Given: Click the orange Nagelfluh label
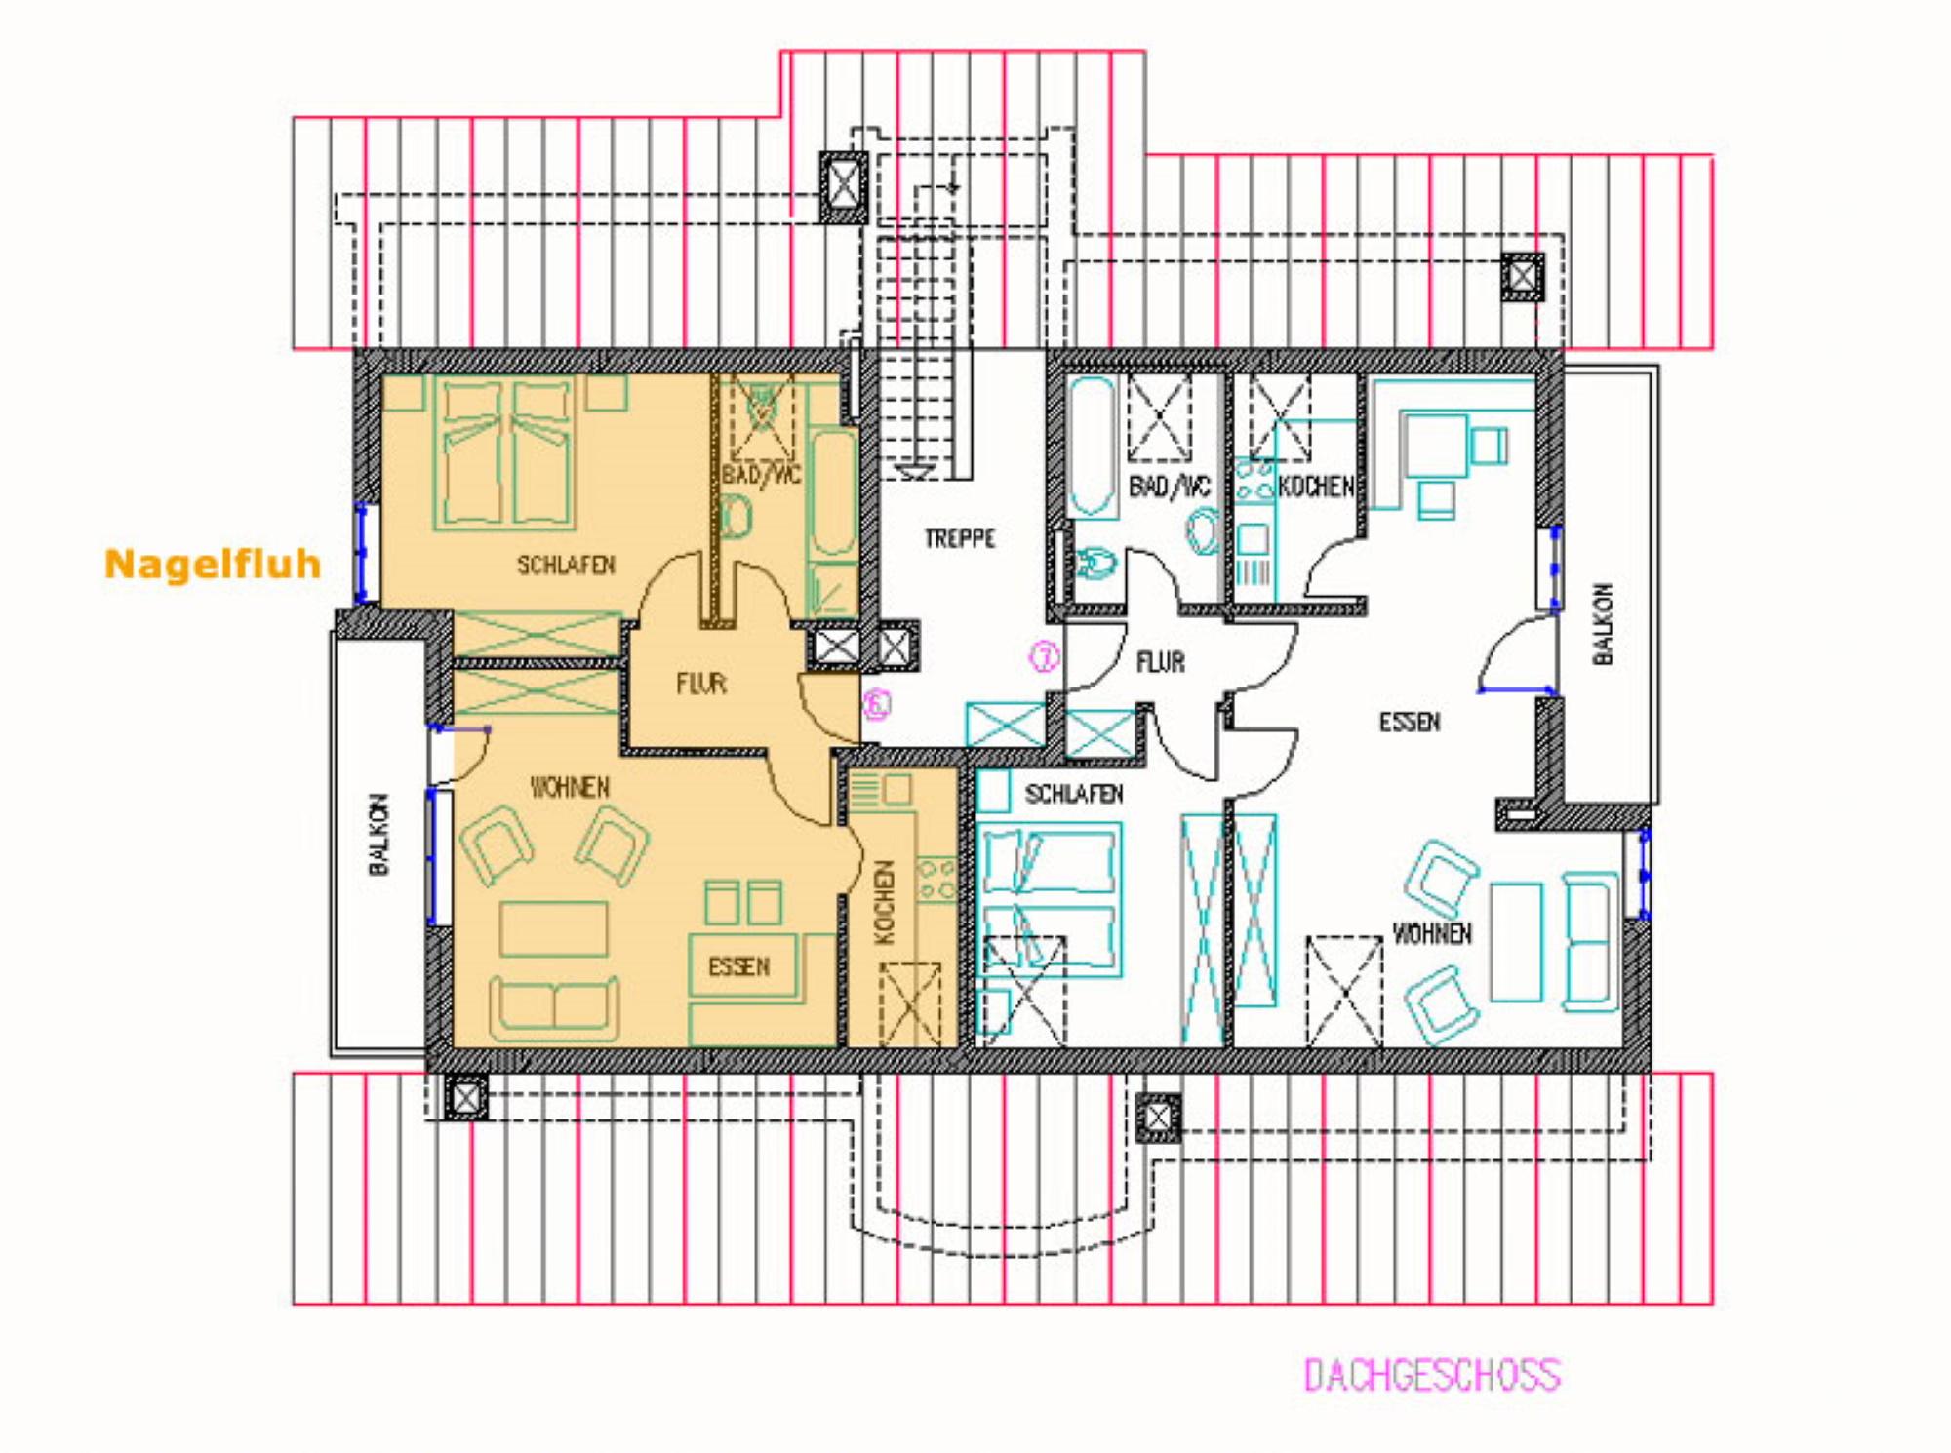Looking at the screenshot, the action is click(x=213, y=564).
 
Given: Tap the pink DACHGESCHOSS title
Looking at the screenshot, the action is click(x=1432, y=1375).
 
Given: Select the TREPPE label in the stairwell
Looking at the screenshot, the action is click(x=960, y=538).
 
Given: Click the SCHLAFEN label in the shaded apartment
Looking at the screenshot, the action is click(x=566, y=565).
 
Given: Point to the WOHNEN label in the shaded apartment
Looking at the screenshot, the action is click(x=570, y=787).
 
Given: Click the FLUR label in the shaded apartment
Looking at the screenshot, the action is click(x=701, y=683).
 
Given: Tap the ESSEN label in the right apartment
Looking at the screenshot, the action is click(x=1410, y=722).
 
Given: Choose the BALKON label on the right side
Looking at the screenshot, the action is click(x=1603, y=624).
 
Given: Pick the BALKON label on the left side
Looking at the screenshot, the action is click(x=379, y=834).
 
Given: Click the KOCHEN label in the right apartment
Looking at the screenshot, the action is click(x=1316, y=485).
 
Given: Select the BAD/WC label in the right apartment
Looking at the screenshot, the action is click(x=1170, y=486).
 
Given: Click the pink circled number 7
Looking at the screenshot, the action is click(x=1045, y=656).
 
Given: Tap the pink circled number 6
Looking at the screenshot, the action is click(x=877, y=704).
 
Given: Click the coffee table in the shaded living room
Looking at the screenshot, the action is click(x=553, y=929).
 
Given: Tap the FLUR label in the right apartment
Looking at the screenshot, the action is click(x=1161, y=663).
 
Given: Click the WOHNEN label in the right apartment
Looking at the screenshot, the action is click(x=1432, y=933).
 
